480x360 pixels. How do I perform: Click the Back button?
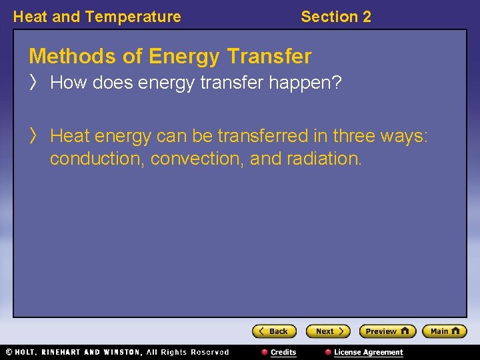click(x=274, y=331)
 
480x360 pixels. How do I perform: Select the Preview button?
click(x=387, y=331)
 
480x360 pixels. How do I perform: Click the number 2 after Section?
click(x=367, y=17)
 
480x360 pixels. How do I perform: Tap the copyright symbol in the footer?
click(x=9, y=352)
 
